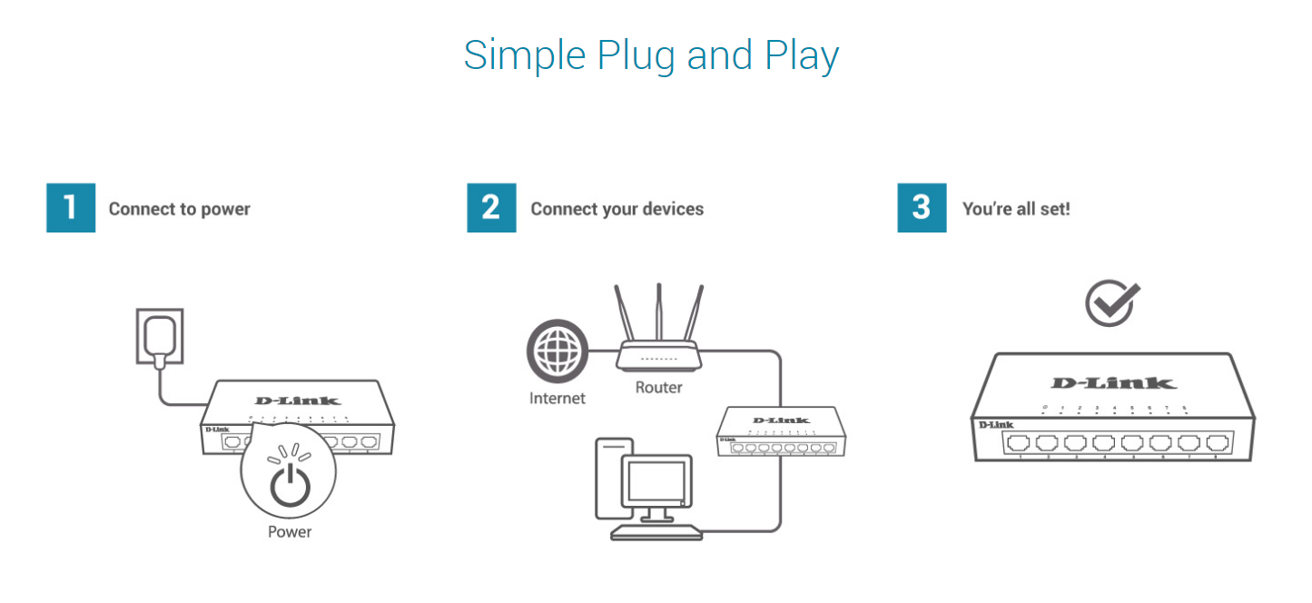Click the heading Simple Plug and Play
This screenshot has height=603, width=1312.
pyautogui.click(x=651, y=55)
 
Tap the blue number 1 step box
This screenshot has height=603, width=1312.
pyautogui.click(x=71, y=208)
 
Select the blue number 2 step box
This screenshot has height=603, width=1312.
pyautogui.click(x=491, y=208)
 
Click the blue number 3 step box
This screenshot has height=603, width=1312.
pyautogui.click(x=922, y=208)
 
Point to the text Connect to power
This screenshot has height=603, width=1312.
pyautogui.click(x=179, y=209)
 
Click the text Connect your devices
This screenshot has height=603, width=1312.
pyautogui.click(x=617, y=209)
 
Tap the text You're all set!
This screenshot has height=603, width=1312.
pyautogui.click(x=1016, y=209)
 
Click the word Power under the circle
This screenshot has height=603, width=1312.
pyautogui.click(x=290, y=532)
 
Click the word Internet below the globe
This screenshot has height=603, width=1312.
pyautogui.click(x=557, y=398)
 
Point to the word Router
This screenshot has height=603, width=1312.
pyautogui.click(x=658, y=388)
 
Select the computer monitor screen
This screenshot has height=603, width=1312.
pyautogui.click(x=654, y=482)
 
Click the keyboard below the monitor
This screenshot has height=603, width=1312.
pyautogui.click(x=656, y=530)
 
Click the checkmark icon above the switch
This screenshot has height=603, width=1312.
pyautogui.click(x=1112, y=302)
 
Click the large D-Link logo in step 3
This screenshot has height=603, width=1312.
pyautogui.click(x=1113, y=383)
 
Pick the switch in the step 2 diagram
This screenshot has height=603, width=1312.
pyautogui.click(x=780, y=432)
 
